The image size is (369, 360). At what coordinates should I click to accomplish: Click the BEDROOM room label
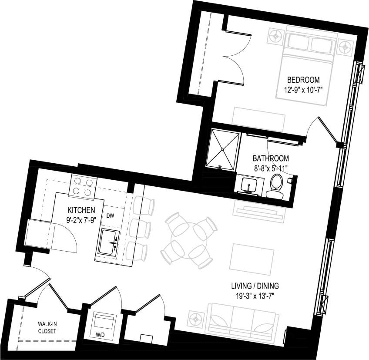point(303,80)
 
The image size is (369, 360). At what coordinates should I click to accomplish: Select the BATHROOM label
point(271,158)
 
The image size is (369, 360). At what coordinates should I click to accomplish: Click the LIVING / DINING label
point(255,286)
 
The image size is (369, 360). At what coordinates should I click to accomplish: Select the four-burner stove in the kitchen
point(82,186)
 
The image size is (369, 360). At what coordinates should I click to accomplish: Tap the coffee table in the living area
point(252,257)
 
